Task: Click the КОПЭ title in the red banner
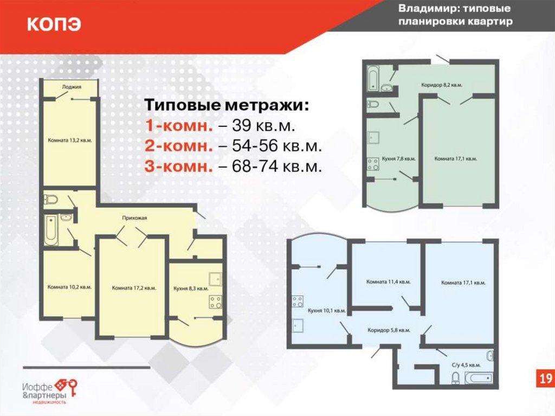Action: click(x=54, y=24)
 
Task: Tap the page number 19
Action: click(x=545, y=379)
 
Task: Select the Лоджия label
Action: click(x=72, y=87)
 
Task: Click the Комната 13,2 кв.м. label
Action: click(x=70, y=140)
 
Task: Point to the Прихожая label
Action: click(x=134, y=218)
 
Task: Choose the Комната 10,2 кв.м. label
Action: click(x=69, y=287)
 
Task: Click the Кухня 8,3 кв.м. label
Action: click(x=191, y=289)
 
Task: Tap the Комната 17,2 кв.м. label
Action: click(x=134, y=288)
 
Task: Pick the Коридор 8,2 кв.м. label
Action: click(x=442, y=85)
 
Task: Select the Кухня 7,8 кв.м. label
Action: click(x=398, y=159)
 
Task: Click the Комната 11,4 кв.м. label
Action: click(x=389, y=282)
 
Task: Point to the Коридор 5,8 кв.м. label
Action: click(x=389, y=330)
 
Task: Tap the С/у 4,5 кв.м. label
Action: click(x=466, y=365)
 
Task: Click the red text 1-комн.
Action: click(x=179, y=126)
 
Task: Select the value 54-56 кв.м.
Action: click(x=277, y=146)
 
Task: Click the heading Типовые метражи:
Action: click(x=227, y=105)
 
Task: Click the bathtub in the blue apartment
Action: click(x=479, y=377)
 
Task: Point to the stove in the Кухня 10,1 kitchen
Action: click(x=298, y=302)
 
